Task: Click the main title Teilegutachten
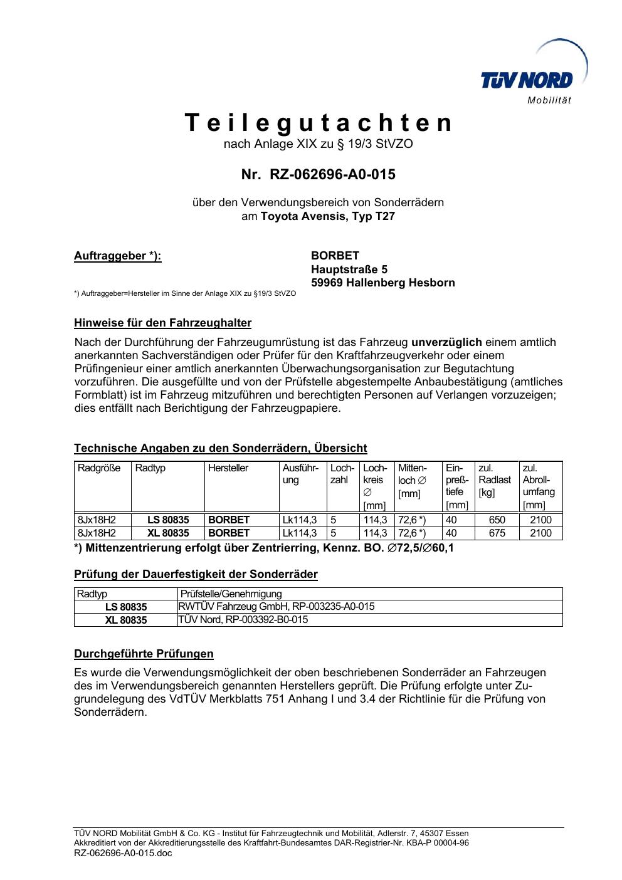coord(318,123)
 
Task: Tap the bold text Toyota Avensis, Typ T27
coord(328,217)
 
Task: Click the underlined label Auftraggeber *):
coord(118,256)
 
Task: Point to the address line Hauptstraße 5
coord(349,270)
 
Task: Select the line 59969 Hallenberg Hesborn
coord(382,283)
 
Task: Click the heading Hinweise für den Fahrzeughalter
coord(162,323)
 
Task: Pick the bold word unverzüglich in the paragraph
coord(446,342)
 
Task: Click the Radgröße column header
coord(99,468)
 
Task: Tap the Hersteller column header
coord(228,468)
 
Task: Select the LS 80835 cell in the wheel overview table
coord(168,520)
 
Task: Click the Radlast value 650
coord(497,520)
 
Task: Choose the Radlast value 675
coord(497,533)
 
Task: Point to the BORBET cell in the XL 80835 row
coord(229,533)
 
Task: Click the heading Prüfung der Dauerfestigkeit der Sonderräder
coord(196,574)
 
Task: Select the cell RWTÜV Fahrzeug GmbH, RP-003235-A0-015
coord(277,606)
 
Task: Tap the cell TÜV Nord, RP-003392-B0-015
coord(243,620)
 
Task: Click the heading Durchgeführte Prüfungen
coord(144,654)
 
